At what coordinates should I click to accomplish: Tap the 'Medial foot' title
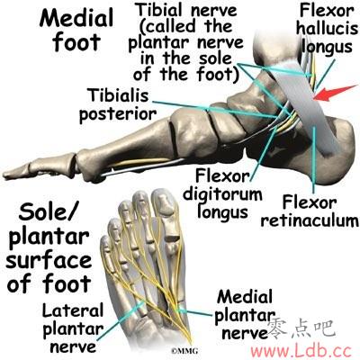click(76, 30)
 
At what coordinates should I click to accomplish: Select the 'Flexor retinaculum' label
click(310, 211)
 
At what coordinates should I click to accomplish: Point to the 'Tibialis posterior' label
click(118, 104)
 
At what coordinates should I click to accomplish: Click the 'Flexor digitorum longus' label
click(222, 194)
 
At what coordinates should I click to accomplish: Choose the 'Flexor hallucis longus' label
click(328, 29)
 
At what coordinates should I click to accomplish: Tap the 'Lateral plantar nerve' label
click(73, 328)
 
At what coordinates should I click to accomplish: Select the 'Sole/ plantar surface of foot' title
click(49, 247)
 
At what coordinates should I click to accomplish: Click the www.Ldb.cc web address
click(301, 350)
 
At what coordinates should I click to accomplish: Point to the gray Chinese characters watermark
click(301, 329)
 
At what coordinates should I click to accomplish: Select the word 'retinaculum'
click(310, 220)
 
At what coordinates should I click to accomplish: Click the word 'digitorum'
click(222, 194)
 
